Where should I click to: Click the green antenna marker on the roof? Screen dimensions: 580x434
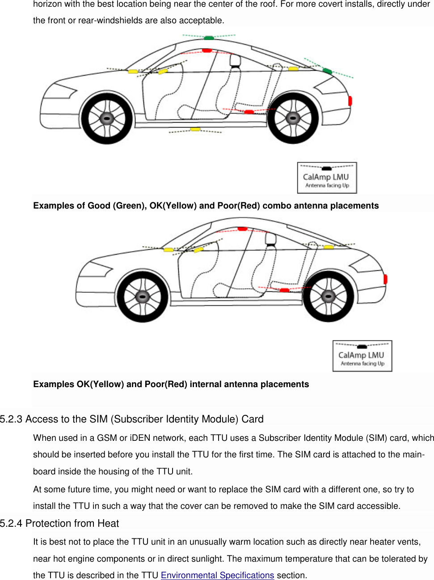tap(209, 38)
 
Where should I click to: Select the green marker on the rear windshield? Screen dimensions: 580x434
tap(327, 71)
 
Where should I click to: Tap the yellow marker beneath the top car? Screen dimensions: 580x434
tap(195, 129)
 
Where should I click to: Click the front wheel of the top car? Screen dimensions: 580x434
tap(107, 119)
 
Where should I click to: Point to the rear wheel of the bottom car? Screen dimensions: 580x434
tap(329, 296)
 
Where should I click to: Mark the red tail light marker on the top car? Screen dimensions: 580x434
tap(350, 101)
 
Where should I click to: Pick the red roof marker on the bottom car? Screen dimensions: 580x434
tap(242, 229)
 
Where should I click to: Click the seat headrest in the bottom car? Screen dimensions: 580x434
tap(270, 239)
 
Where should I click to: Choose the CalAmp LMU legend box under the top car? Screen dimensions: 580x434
tap(327, 178)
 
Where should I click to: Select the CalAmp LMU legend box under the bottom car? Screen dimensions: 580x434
tap(362, 356)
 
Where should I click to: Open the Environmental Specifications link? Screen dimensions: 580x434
tap(217, 575)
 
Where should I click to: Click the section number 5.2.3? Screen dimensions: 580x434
tap(11, 419)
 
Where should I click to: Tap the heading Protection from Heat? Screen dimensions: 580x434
tap(72, 524)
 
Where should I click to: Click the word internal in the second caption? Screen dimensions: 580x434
tap(206, 384)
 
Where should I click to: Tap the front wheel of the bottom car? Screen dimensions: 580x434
tap(143, 296)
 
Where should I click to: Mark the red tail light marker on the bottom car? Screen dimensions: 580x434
tap(385, 279)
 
